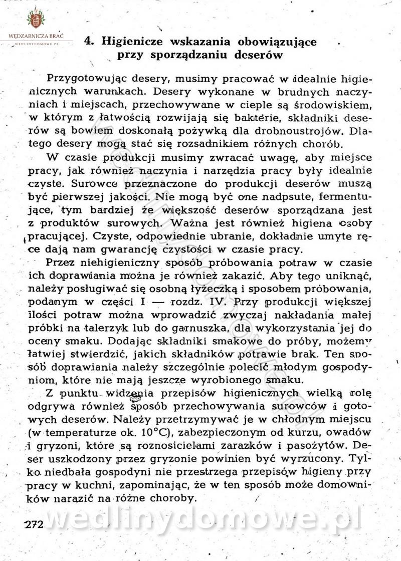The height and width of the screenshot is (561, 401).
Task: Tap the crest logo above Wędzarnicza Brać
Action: [x=35, y=19]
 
